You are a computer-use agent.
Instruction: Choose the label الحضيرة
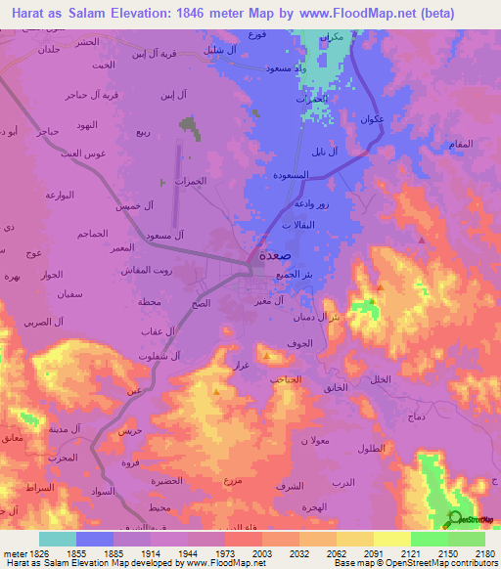tap(168, 481)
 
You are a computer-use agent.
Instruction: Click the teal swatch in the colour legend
tap(57, 538)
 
